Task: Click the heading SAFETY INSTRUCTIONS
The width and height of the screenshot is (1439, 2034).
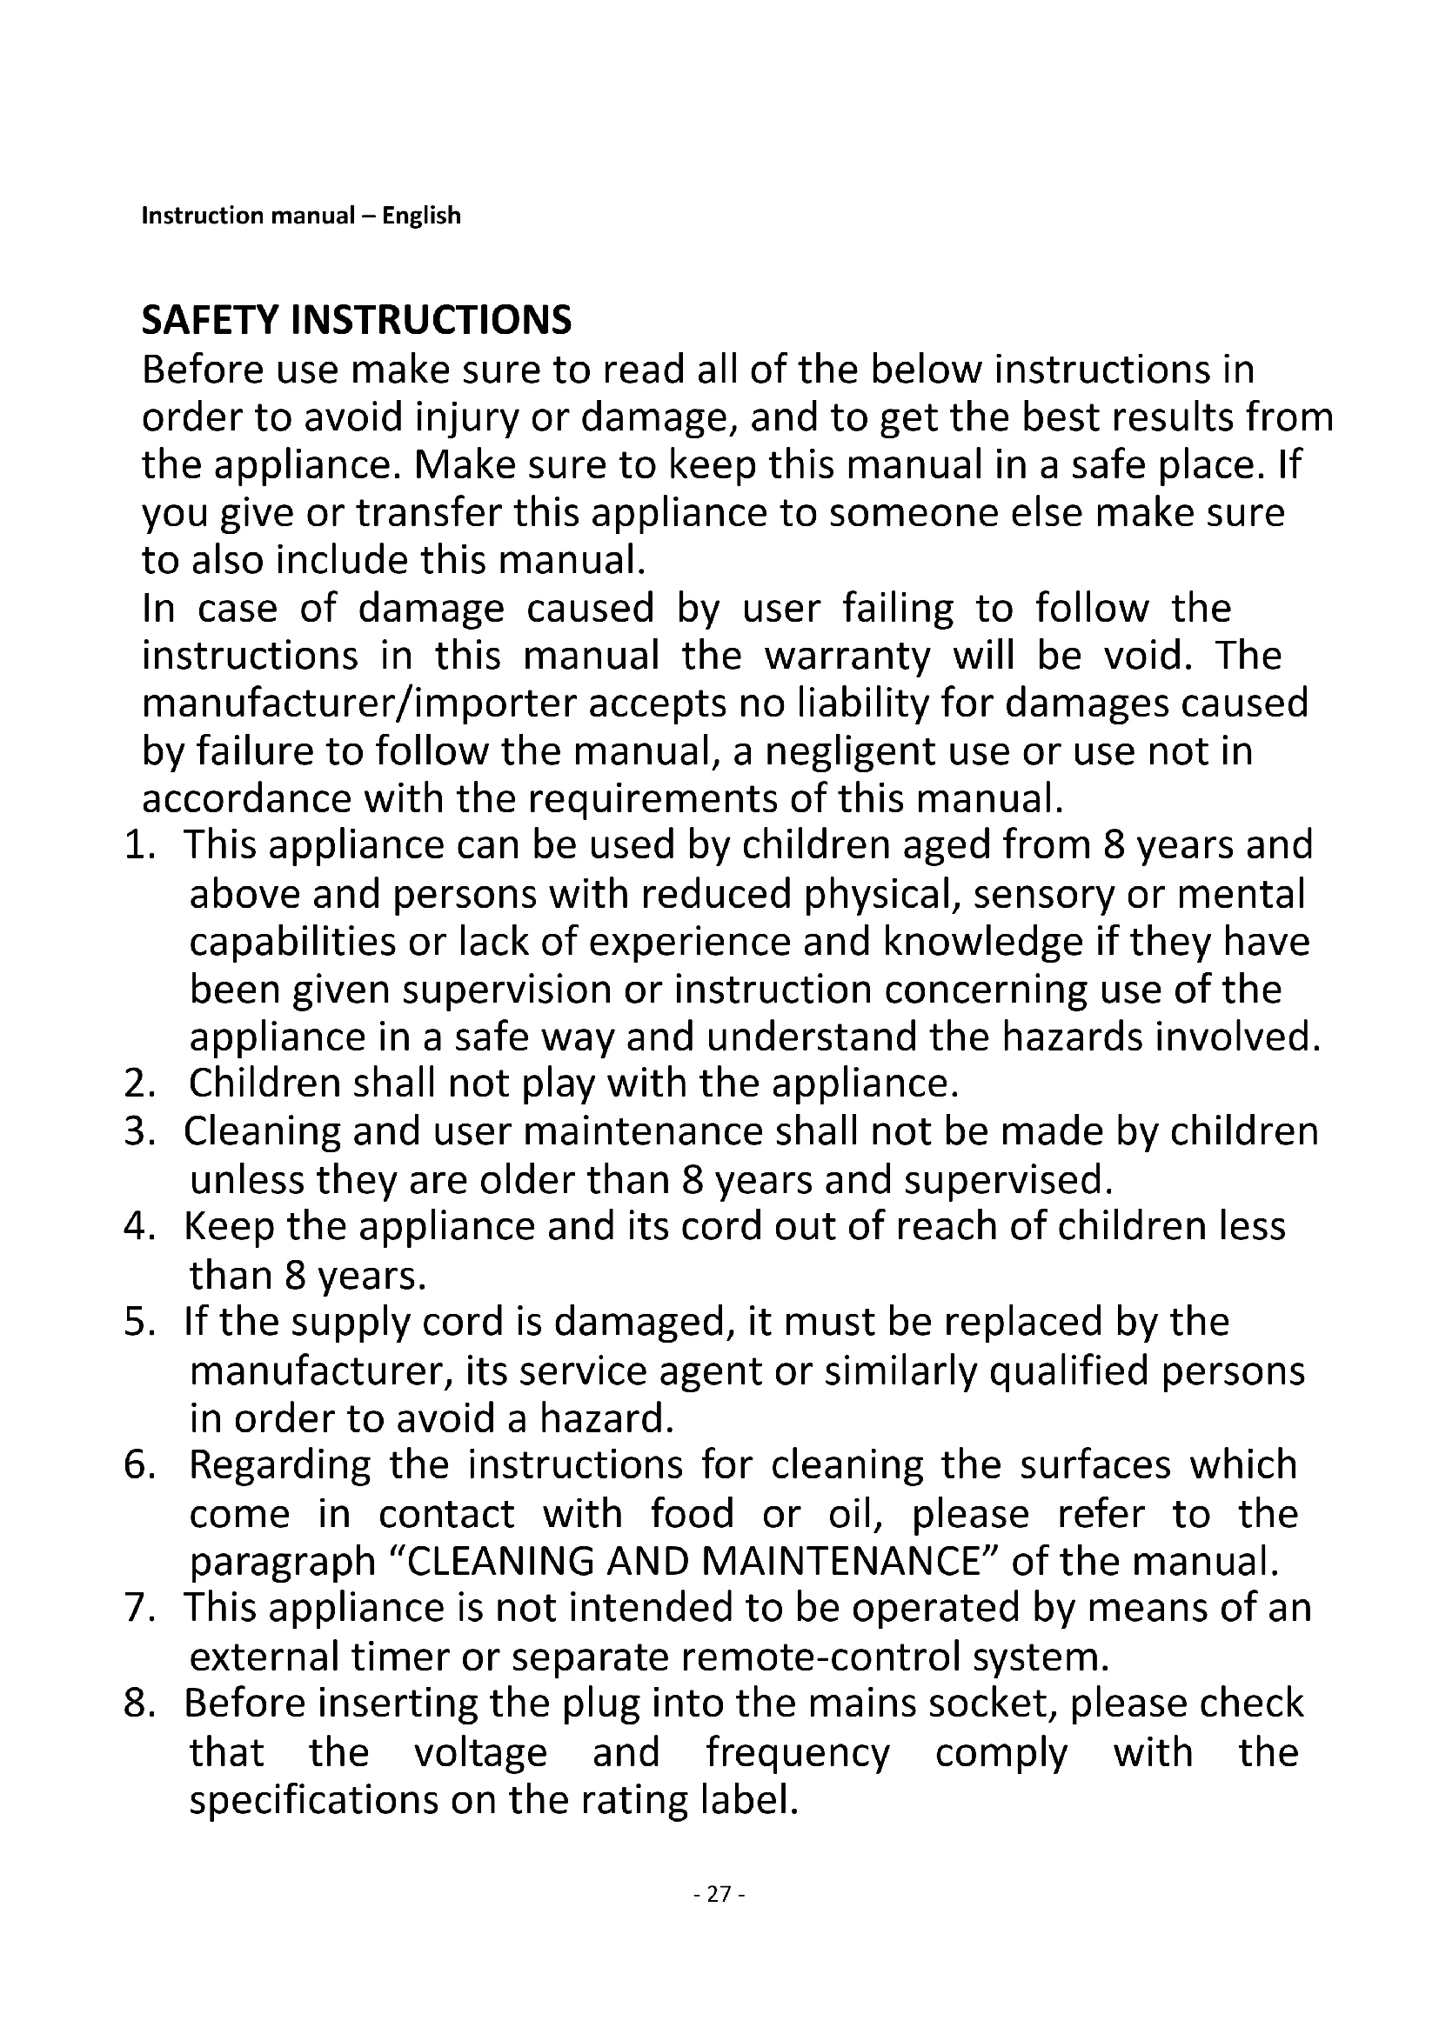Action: (x=356, y=320)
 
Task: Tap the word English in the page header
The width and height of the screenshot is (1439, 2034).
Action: (x=421, y=216)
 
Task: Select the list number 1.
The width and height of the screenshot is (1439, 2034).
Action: (x=139, y=845)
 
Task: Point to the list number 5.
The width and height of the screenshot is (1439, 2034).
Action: (x=139, y=1322)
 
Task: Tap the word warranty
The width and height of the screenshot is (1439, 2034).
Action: (x=847, y=657)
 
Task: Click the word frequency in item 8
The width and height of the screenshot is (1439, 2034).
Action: (x=798, y=1752)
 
